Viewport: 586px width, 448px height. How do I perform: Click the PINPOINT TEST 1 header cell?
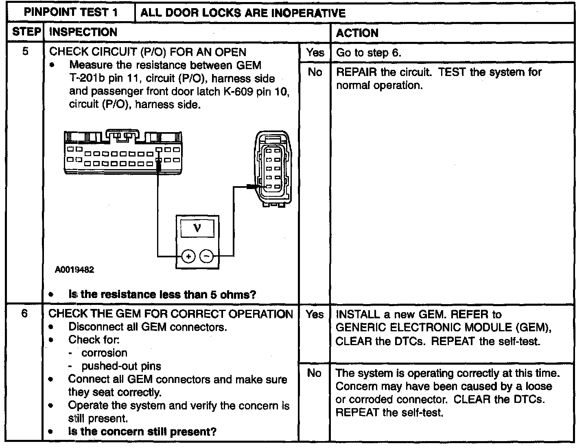71,12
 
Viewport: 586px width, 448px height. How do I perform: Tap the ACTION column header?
357,33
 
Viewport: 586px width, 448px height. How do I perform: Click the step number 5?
25,52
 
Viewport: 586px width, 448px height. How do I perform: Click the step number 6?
25,314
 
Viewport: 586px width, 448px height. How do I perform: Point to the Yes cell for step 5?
315,52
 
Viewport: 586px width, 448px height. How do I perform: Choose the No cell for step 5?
315,72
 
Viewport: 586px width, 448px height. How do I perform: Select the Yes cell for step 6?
315,314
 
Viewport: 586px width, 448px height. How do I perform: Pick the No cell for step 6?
314,373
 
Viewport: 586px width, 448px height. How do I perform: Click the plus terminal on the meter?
188,256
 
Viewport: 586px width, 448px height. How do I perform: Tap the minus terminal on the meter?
207,256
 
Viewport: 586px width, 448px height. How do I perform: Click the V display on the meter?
197,228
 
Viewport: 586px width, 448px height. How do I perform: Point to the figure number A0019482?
75,270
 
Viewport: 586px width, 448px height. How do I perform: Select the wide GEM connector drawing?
123,152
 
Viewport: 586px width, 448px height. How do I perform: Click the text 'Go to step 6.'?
369,53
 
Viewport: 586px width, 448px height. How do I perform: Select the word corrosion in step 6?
104,353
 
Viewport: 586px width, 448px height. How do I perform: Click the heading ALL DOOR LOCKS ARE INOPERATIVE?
243,13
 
